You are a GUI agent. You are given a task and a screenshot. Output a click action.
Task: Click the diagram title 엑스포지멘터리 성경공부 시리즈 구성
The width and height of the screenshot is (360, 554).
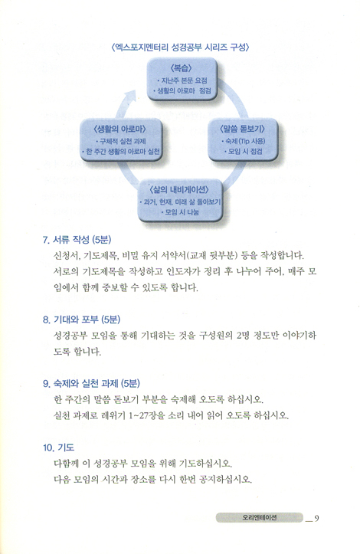pyautogui.click(x=180, y=48)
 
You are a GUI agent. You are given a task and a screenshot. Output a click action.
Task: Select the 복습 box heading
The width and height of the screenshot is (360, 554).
pyautogui.click(x=182, y=67)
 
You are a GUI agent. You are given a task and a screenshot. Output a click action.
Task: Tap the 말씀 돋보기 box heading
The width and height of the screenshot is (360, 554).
pyautogui.click(x=242, y=129)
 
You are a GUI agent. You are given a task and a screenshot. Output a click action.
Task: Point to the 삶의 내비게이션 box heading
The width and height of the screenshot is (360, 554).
pyautogui.click(x=178, y=190)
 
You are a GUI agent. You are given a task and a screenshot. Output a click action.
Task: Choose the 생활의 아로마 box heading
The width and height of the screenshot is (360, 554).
pyautogui.click(x=119, y=129)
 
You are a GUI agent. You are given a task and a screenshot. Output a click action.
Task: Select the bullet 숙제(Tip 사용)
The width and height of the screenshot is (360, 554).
pyautogui.click(x=243, y=141)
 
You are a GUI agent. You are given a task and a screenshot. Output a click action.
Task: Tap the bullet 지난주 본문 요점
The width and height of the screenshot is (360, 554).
pyautogui.click(x=182, y=80)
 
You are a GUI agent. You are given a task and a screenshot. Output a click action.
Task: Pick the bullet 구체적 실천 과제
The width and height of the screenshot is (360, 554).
pyautogui.click(x=120, y=141)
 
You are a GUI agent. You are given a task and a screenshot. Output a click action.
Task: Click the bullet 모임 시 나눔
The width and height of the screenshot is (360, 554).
pyautogui.click(x=180, y=212)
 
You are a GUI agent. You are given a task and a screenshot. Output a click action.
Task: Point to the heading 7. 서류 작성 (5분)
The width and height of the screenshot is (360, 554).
pyautogui.click(x=77, y=240)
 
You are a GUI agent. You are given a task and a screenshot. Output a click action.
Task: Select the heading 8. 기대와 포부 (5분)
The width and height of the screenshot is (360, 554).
pyautogui.click(x=82, y=320)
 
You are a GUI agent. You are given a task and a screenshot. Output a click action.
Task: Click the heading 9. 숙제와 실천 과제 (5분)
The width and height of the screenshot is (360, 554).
pyautogui.click(x=91, y=383)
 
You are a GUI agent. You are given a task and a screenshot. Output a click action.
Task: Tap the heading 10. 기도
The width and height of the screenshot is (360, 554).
pyautogui.click(x=59, y=447)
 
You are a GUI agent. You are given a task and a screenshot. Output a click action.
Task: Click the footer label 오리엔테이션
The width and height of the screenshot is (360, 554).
pyautogui.click(x=260, y=518)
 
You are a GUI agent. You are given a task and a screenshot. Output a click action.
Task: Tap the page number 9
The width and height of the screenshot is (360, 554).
pyautogui.click(x=316, y=518)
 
